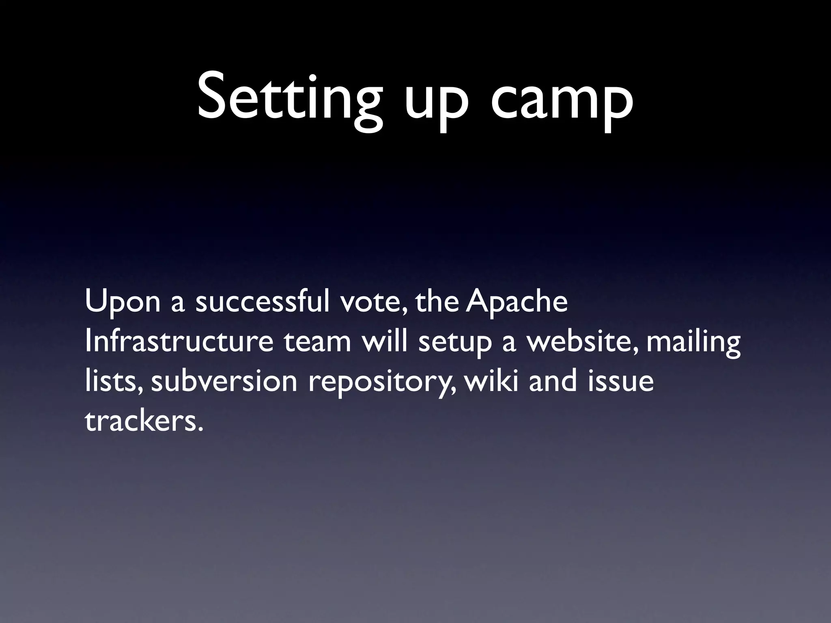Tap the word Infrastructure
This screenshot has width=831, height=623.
pos(179,342)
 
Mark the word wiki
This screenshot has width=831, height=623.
pos(491,381)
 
